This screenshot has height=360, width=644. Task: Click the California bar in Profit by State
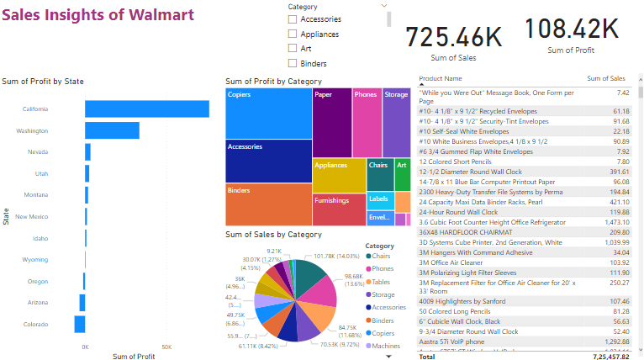[x=146, y=109]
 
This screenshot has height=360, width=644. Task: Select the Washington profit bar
[x=112, y=130]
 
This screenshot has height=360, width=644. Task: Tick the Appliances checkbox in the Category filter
[x=293, y=34]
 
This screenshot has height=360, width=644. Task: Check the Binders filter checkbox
[x=293, y=63]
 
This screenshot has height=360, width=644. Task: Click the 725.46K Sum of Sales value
[x=453, y=37]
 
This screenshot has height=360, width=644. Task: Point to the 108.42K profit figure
[x=572, y=29]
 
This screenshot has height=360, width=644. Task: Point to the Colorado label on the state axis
[x=35, y=324]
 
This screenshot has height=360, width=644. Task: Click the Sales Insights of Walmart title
[x=98, y=15]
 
